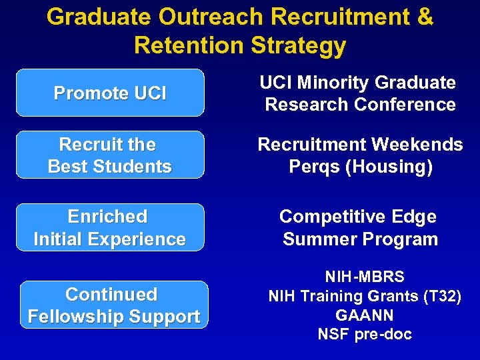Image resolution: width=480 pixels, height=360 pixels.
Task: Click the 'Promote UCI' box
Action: coord(110,93)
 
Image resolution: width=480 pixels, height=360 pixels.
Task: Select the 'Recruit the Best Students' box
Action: coord(110,155)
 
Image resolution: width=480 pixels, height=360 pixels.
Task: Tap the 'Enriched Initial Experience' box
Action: coord(110,227)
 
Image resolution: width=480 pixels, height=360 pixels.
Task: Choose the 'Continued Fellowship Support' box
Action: coord(113,305)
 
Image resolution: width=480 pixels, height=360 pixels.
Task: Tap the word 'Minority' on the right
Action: coord(334,83)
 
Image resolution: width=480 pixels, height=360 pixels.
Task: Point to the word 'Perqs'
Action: coord(313,167)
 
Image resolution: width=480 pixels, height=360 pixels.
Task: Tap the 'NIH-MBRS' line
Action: coord(364,276)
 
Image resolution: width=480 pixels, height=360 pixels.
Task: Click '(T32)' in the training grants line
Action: coord(438,295)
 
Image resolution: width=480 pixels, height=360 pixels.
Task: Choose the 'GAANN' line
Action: coord(364,315)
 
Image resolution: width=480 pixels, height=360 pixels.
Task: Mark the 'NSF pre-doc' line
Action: coord(364,334)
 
